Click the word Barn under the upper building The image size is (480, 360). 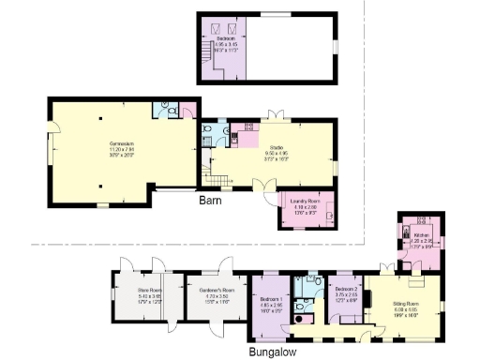tap(209, 201)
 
